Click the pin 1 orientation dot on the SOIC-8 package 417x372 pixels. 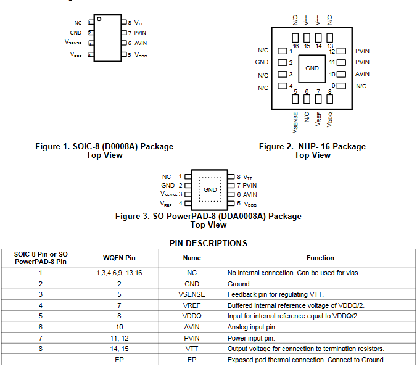(99, 19)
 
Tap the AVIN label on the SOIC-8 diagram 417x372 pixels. (141, 43)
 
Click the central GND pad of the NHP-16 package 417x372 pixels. (312, 68)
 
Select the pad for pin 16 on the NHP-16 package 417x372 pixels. (295, 38)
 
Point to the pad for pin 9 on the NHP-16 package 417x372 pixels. (341, 86)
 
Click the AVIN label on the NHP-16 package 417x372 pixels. (362, 74)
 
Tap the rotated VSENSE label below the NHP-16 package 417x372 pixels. (295, 122)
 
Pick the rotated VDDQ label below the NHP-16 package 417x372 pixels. (329, 120)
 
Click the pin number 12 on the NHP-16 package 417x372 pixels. (332, 52)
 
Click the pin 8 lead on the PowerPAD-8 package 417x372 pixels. (231, 177)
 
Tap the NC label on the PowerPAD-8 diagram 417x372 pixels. (167, 177)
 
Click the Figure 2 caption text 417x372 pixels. (312, 151)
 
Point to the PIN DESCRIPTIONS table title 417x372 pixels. (208, 243)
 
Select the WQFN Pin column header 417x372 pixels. (119, 258)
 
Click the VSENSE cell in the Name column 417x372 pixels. (191, 294)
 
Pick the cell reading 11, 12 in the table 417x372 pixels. (119, 338)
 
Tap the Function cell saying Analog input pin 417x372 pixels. (252, 327)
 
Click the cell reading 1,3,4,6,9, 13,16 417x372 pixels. (119, 273)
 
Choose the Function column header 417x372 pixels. (320, 258)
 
